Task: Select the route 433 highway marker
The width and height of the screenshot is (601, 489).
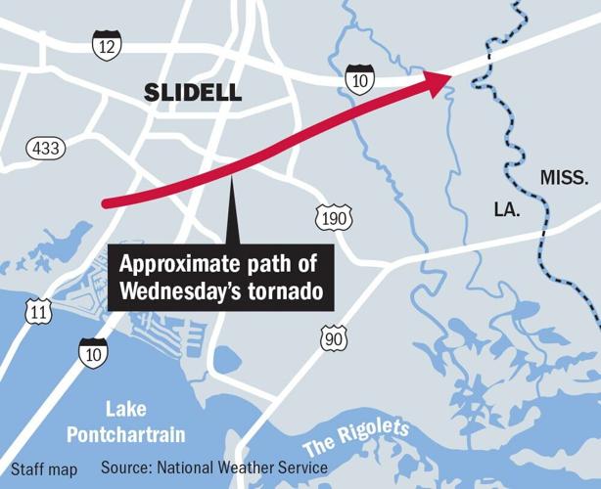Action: (x=45, y=148)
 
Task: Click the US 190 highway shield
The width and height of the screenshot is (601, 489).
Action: (x=333, y=218)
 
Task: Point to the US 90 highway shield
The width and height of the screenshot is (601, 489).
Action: (x=333, y=338)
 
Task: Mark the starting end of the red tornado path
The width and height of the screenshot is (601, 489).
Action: (x=105, y=202)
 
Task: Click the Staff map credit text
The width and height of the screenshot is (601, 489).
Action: (x=44, y=469)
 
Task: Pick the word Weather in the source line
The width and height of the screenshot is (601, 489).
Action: (x=257, y=468)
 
